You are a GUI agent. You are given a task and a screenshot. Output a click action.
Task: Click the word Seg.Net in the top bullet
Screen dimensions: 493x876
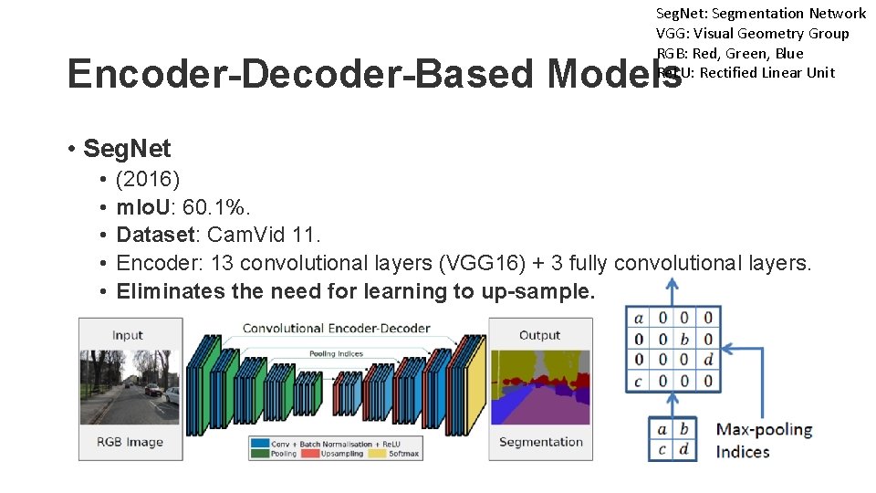click(126, 148)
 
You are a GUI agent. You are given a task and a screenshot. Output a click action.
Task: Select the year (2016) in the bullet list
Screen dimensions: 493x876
click(148, 178)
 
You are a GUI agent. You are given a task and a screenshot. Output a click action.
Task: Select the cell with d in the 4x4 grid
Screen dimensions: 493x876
click(708, 360)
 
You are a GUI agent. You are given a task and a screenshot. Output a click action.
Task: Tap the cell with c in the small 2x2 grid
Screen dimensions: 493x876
click(662, 449)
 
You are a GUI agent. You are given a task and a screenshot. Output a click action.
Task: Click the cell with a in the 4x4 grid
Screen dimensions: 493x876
click(639, 319)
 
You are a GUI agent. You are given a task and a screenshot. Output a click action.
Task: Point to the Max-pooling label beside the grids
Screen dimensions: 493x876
click(764, 429)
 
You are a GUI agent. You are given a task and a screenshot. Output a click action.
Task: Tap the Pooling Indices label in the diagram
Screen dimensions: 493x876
click(336, 353)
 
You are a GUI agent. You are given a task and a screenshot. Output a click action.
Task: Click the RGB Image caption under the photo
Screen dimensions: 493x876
click(130, 443)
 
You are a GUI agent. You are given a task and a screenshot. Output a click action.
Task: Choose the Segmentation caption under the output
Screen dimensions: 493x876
click(540, 442)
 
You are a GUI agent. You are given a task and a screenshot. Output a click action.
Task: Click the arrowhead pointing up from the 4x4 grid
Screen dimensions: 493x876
click(672, 286)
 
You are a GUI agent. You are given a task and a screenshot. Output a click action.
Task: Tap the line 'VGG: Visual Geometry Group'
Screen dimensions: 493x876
click(752, 33)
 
